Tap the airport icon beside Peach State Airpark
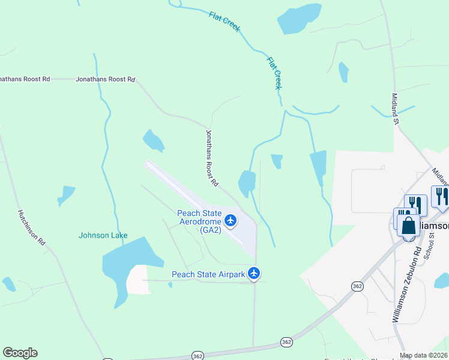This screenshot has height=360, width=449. point(255,274)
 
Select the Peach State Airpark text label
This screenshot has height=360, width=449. point(208,274)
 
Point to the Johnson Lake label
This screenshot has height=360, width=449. point(103,235)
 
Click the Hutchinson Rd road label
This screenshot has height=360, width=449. point(32,227)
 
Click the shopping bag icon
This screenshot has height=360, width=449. point(408,226)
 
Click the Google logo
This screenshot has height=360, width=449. point(20,353)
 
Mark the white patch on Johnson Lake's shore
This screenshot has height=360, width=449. point(138,280)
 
